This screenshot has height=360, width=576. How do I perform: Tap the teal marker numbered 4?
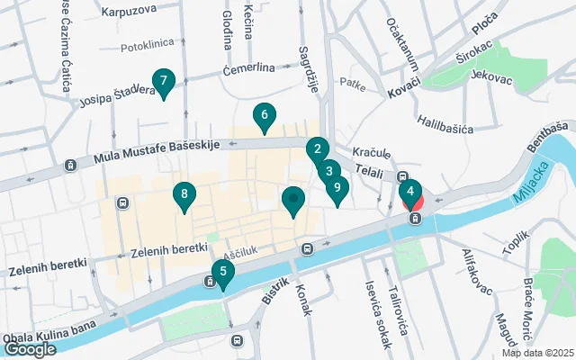pos(409,192)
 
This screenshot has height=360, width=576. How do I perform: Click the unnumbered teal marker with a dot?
pos(293,201)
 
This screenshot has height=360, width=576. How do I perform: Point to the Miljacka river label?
pos(535,183)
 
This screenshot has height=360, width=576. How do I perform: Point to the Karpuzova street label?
pos(129,12)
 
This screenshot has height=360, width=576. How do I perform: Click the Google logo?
pos(30,349)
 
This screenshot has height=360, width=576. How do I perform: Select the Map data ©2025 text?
pos(537,353)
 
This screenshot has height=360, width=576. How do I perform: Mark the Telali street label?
pos(369,168)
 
